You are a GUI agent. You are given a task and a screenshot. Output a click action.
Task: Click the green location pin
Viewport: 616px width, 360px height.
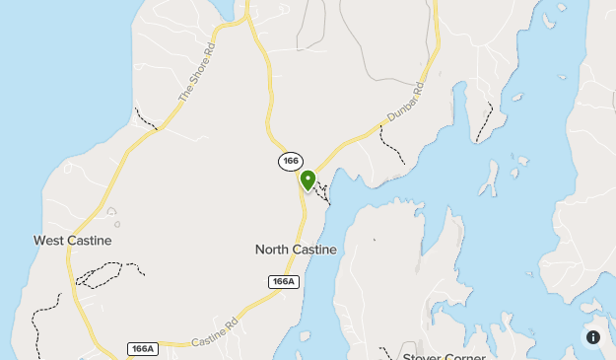coord(308,180)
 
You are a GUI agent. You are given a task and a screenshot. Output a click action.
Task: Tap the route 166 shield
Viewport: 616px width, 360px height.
coord(290,161)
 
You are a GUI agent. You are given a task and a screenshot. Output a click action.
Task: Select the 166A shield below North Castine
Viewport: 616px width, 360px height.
coord(283,282)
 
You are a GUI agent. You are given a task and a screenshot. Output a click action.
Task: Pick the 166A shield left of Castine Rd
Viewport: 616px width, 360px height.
coord(142,348)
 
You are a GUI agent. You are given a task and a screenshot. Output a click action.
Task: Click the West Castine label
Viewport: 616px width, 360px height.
coord(72,240)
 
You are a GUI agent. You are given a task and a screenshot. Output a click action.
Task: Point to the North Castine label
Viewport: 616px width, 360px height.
coord(296,250)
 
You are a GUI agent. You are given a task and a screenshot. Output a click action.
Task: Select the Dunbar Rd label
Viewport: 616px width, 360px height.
coord(404,103)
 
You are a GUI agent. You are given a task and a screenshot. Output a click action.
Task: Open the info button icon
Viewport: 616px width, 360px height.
coord(593,337)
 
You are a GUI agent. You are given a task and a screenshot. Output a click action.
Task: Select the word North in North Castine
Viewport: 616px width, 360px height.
coord(273,250)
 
